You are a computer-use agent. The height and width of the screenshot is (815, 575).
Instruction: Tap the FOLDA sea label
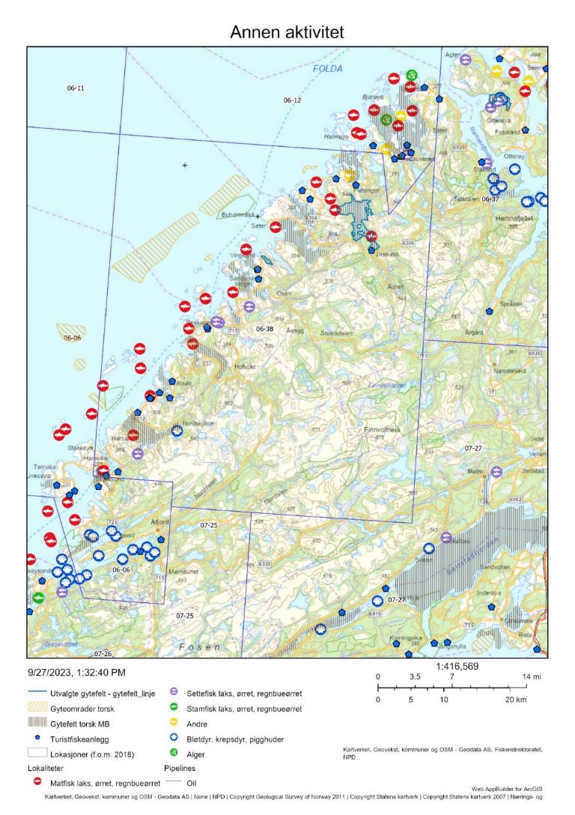(327, 69)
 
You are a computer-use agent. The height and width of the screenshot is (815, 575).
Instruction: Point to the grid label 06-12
(292, 100)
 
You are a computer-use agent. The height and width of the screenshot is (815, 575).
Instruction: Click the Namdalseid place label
(511, 371)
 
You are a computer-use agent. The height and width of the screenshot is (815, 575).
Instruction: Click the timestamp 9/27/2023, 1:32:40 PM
(77, 673)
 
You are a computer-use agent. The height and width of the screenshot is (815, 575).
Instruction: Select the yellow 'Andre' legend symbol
(174, 724)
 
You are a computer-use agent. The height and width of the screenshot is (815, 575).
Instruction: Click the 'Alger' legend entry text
(196, 754)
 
